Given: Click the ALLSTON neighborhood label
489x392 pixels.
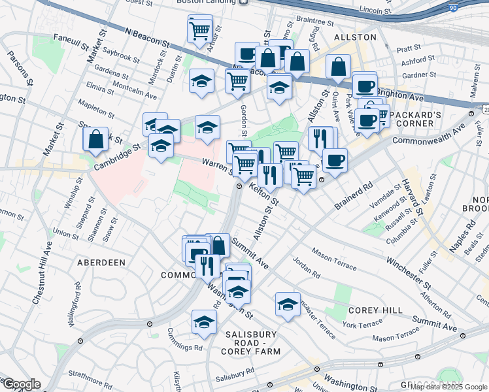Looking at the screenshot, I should coord(355,37).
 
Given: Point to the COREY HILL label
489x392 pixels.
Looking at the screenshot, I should coord(369,310).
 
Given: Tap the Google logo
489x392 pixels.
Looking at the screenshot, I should coord(21,385).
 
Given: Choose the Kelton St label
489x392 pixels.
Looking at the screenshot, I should coord(263,193).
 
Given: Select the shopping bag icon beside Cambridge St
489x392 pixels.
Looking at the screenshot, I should coord(95,139).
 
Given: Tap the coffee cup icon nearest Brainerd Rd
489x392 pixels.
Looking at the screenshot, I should coord(335,159).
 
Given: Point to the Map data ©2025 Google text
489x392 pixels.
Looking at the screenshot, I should coord(448,387).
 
